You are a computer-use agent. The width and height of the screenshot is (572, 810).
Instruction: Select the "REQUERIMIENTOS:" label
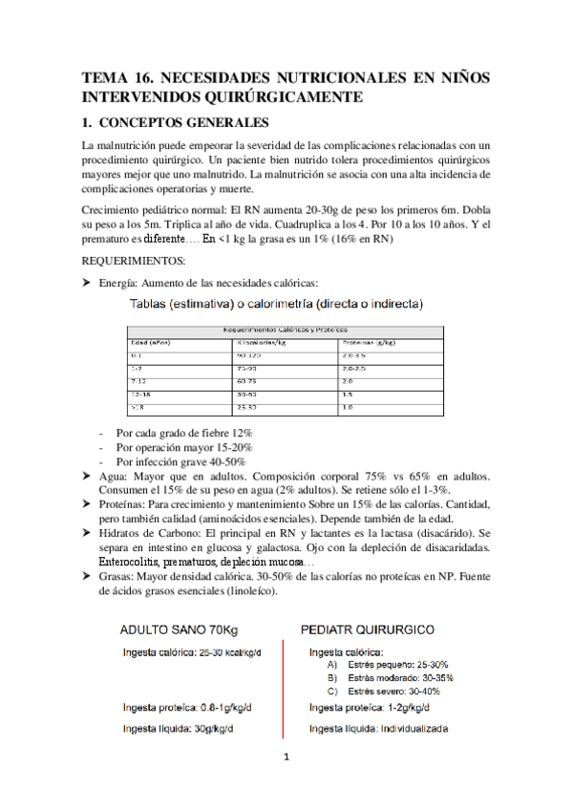(129, 259)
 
